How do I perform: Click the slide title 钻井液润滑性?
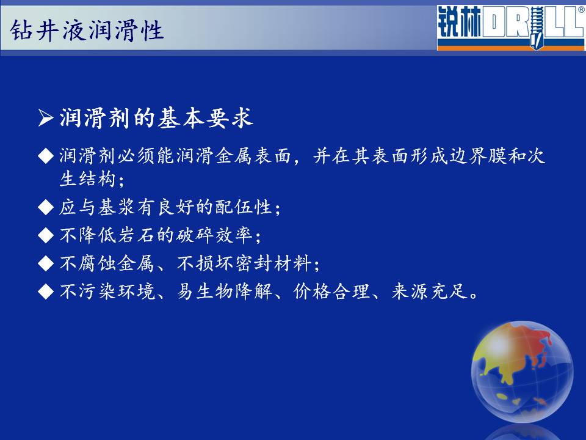[x=87, y=31]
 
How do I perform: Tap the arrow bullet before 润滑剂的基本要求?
[x=46, y=118]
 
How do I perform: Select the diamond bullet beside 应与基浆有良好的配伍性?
[x=46, y=207]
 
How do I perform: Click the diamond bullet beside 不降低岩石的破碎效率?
[x=46, y=235]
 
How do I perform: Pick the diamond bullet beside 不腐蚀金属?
[x=46, y=263]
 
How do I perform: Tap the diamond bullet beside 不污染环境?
[x=46, y=291]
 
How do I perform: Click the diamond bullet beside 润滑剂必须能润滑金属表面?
[x=46, y=156]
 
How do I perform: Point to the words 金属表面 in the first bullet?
[x=253, y=156]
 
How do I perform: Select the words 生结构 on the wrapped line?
[x=87, y=178]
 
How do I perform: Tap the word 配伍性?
[x=244, y=207]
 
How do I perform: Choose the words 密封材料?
[x=273, y=263]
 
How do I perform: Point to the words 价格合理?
[x=332, y=291]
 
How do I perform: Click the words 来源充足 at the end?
[x=430, y=291]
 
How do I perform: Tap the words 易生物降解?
[x=225, y=291]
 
